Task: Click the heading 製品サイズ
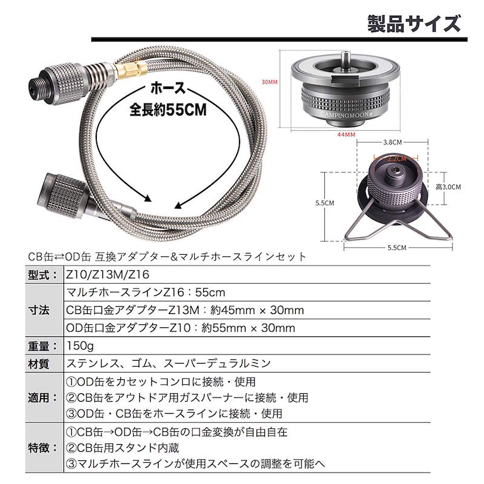tap(413, 24)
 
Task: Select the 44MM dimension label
tap(346, 134)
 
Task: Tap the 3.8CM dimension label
tap(394, 142)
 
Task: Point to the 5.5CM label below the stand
tap(397, 247)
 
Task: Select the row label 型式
tap(44, 275)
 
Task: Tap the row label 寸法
tap(44, 310)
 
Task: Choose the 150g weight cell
tap(81, 346)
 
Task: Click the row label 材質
tap(44, 364)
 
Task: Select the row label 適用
tap(44, 398)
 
